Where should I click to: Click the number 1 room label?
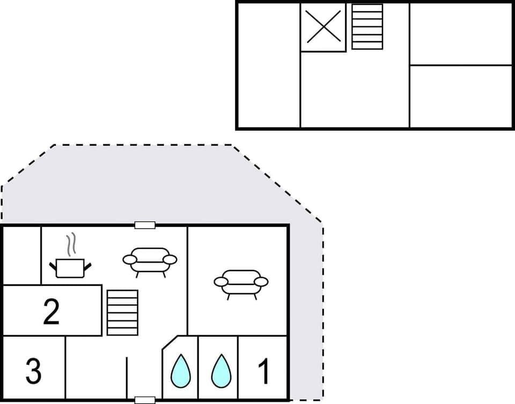[x=263, y=371]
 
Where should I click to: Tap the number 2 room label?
[x=51, y=312]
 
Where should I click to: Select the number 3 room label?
[x=33, y=371]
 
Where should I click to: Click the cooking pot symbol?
[x=70, y=268]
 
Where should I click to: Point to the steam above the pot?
[x=70, y=246]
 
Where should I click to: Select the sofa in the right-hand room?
[x=241, y=282]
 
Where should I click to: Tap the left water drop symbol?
[x=180, y=371]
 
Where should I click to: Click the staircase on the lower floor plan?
[x=122, y=313]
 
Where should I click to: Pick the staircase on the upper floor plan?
[x=367, y=27]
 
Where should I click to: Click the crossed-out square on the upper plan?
[x=323, y=27]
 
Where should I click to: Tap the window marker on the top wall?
[x=145, y=225]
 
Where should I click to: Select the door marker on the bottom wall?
[x=145, y=400]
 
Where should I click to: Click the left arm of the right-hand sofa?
[x=220, y=281]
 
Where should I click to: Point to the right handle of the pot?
[x=87, y=265]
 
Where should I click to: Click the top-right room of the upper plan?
[x=461, y=34]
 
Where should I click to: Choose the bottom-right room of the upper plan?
[x=461, y=97]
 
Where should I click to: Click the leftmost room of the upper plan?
[x=268, y=64]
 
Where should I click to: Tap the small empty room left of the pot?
[x=22, y=255]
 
